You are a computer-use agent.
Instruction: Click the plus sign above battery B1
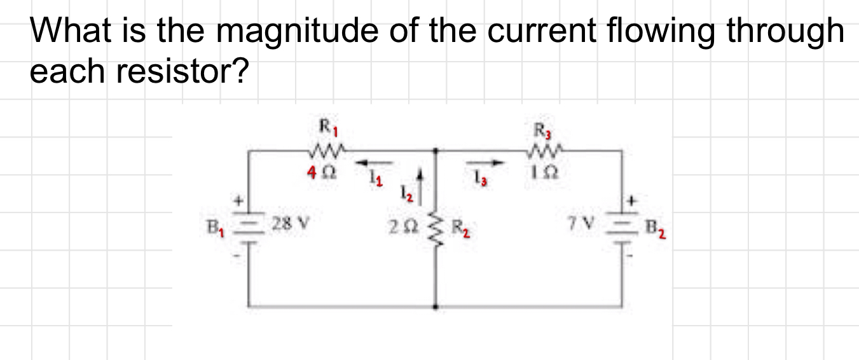click(x=241, y=201)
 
